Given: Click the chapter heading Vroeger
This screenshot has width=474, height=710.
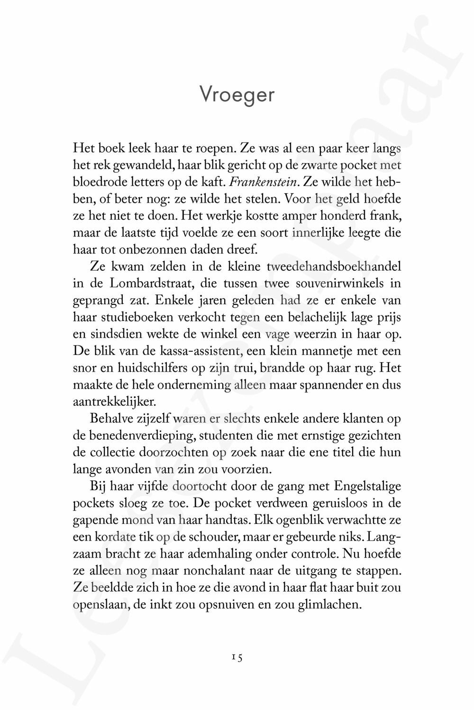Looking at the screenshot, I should coord(237,95).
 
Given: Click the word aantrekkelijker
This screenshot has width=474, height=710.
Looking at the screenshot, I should coord(114,401).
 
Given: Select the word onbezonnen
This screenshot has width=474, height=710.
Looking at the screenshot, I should coord(145,249).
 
